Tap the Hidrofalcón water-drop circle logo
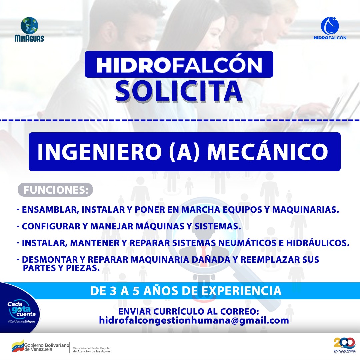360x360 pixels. click(x=330, y=25)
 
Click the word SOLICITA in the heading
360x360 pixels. click(x=179, y=90)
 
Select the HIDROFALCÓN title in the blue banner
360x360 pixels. click(x=179, y=65)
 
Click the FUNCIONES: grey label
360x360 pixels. click(x=55, y=190)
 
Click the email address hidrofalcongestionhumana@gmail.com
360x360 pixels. click(x=194, y=321)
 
